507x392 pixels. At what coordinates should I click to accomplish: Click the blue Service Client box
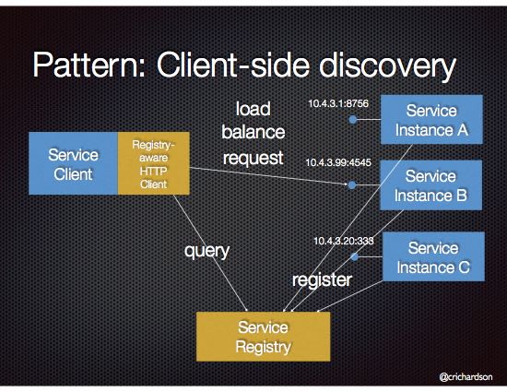coord(73,163)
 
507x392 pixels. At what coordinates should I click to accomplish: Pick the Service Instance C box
coord(431,257)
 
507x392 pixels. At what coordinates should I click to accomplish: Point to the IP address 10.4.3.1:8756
coord(337,103)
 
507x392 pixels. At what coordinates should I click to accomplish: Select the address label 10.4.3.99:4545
coord(337,163)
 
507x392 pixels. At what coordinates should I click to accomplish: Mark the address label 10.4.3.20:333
coord(343,240)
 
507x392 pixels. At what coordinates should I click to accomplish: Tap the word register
coord(322,279)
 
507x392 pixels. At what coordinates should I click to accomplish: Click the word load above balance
coord(252,107)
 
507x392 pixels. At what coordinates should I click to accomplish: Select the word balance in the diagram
coord(252,132)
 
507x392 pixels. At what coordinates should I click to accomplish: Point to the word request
coord(252,158)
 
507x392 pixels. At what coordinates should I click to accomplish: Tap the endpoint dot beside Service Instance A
coord(352,120)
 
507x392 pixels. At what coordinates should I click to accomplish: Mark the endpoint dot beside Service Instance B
coord(352,185)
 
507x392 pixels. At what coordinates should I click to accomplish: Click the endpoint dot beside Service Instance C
coord(355,256)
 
